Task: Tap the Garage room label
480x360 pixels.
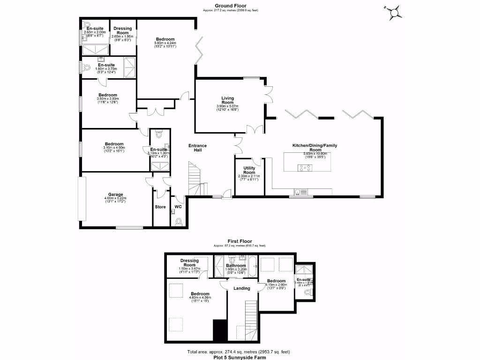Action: click(x=116, y=195)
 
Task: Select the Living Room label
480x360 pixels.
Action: click(x=227, y=100)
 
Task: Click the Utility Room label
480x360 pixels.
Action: click(x=249, y=170)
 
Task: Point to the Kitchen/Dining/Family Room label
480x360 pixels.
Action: click(x=315, y=148)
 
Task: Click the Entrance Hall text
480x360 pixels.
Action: click(x=197, y=148)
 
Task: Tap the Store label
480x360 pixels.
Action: click(x=160, y=206)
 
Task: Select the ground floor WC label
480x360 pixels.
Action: click(x=178, y=206)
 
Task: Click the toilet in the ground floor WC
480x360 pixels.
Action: click(x=178, y=222)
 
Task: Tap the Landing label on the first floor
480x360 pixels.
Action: click(x=242, y=288)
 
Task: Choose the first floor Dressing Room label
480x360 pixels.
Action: click(x=189, y=263)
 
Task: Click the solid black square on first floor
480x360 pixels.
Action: click(x=219, y=330)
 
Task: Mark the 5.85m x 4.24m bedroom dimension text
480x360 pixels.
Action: click(x=165, y=43)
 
